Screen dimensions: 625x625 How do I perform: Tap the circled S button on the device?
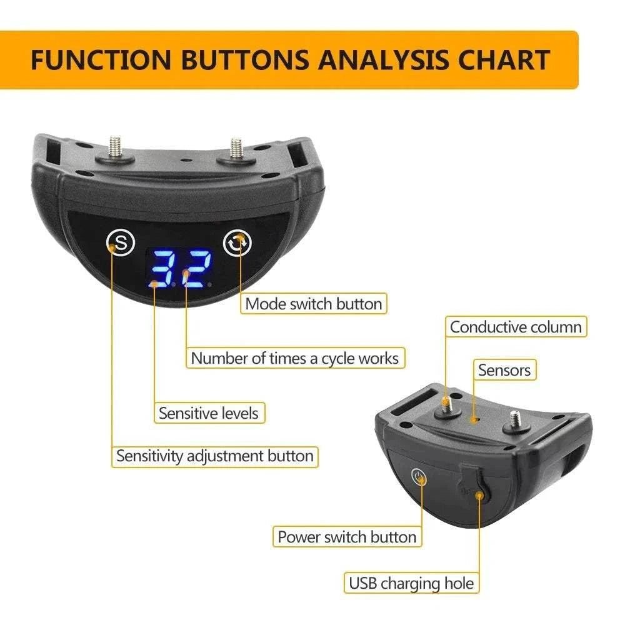coord(121,242)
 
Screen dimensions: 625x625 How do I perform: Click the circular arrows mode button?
coord(238,242)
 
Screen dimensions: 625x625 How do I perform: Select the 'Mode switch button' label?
coord(313,304)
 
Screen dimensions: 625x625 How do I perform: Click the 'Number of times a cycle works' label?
coord(294,358)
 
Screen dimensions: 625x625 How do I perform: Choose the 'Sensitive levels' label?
coord(208,413)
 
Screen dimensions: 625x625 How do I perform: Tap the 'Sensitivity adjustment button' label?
coord(214,456)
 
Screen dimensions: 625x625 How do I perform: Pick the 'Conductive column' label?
coord(516,327)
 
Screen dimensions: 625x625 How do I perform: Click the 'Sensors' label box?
coord(504,370)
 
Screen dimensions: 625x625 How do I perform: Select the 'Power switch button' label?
coord(347,537)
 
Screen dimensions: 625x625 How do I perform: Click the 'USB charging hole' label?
coord(411,584)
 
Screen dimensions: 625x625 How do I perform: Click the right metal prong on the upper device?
coord(236,148)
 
